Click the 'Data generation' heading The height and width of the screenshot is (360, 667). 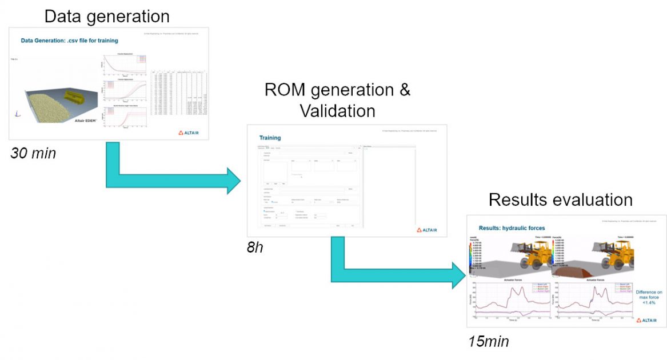coord(107,15)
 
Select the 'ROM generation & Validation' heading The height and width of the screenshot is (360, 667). coord(337,99)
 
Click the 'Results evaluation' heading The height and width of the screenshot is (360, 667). coord(560,199)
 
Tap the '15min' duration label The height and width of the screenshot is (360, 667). coord(488,342)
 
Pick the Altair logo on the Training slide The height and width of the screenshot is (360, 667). coord(426,230)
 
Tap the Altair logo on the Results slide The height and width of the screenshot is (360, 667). coord(646,321)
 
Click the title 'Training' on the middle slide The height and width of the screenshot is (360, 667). coord(270,138)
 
